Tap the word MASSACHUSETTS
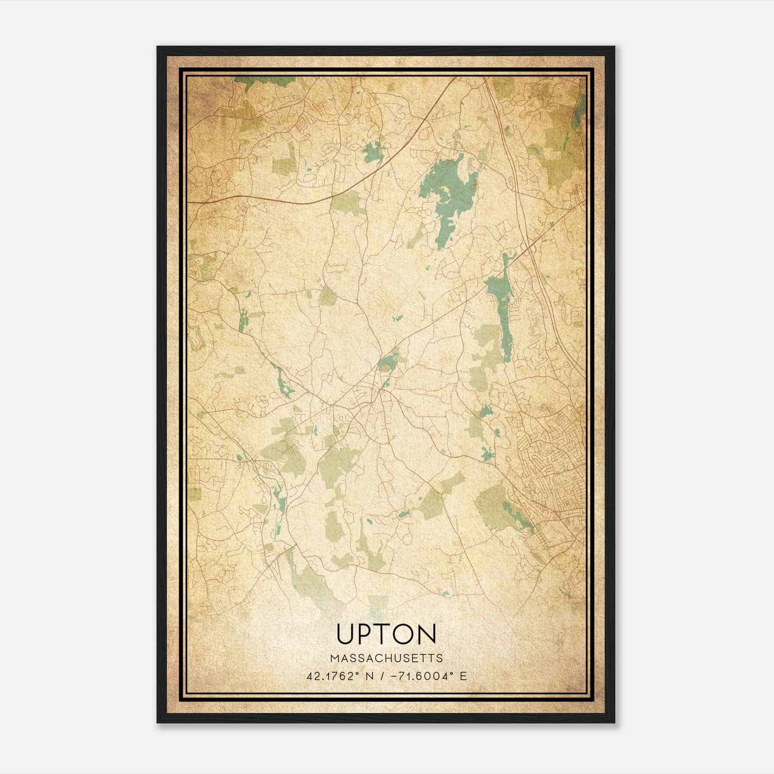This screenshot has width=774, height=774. click(x=386, y=658)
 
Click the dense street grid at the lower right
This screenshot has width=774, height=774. click(x=551, y=450)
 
